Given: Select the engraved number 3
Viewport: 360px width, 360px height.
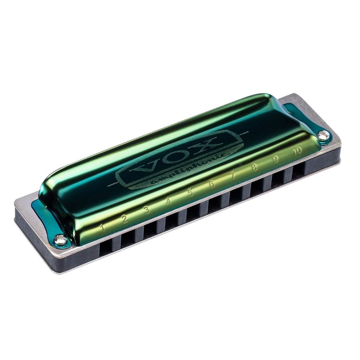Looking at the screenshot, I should [x=147, y=210].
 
